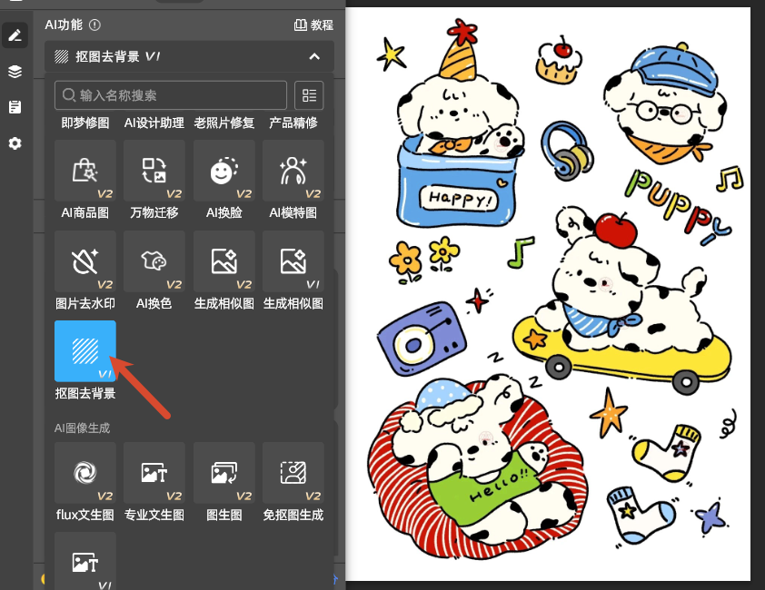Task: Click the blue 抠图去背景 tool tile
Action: tap(85, 350)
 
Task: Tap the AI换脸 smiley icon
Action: tap(224, 171)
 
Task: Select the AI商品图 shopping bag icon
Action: tap(85, 170)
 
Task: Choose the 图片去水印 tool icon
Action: tap(85, 261)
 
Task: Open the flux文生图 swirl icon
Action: tap(85, 473)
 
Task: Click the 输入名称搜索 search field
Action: tap(171, 95)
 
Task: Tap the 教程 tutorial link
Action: tap(313, 25)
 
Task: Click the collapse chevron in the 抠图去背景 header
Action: tap(314, 56)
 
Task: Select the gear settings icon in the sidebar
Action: tap(15, 143)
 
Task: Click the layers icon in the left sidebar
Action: tap(15, 71)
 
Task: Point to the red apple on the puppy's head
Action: tap(616, 230)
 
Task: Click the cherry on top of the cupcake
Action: tap(563, 49)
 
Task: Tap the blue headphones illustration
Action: tap(567, 150)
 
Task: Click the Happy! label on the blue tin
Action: tap(459, 199)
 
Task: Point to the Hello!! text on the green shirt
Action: tap(498, 486)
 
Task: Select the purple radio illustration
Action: tap(422, 339)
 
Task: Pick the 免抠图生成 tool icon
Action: tap(293, 473)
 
